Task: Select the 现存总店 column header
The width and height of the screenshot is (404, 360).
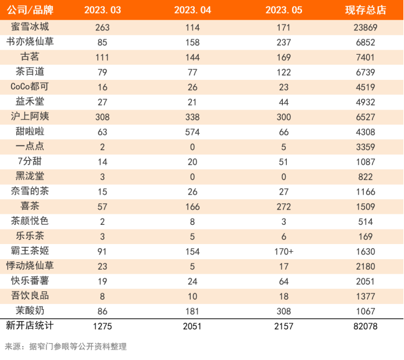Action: point(365,10)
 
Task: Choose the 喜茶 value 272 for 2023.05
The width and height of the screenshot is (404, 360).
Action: point(283,206)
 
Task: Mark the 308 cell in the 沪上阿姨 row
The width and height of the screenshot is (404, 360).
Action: point(103,117)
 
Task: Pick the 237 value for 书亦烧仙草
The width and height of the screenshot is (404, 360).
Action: point(283,42)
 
